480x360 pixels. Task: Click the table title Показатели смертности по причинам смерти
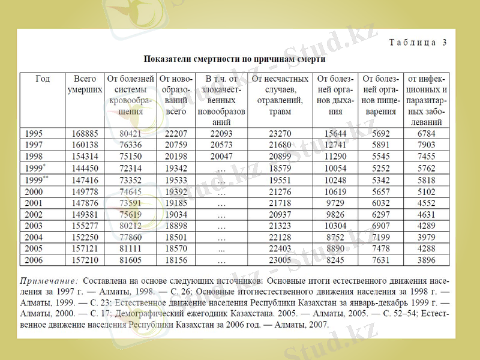point(234,59)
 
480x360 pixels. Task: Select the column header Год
point(42,79)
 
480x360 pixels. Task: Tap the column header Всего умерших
point(85,84)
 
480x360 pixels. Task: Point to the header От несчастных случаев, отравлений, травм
point(280,95)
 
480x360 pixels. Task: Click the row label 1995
point(35,133)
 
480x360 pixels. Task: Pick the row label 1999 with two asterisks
point(36,179)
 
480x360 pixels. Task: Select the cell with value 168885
point(85,133)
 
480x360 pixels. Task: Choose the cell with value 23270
point(280,133)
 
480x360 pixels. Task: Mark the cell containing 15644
point(335,133)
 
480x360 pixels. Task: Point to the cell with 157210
point(85,260)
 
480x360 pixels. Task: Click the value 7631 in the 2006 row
point(380,260)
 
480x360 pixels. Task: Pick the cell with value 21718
point(280,203)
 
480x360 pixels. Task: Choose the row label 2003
point(35,226)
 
